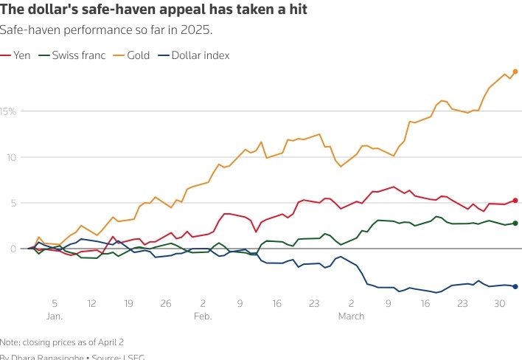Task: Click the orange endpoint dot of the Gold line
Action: [515, 72]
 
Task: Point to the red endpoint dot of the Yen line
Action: [515, 200]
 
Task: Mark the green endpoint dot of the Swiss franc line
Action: [515, 223]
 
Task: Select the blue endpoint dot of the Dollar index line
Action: [515, 286]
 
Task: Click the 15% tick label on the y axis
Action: [9, 111]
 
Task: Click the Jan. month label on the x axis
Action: [54, 316]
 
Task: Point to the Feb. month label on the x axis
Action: [203, 316]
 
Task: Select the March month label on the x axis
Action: [351, 316]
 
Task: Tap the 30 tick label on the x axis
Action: [499, 303]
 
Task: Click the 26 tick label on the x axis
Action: [166, 303]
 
